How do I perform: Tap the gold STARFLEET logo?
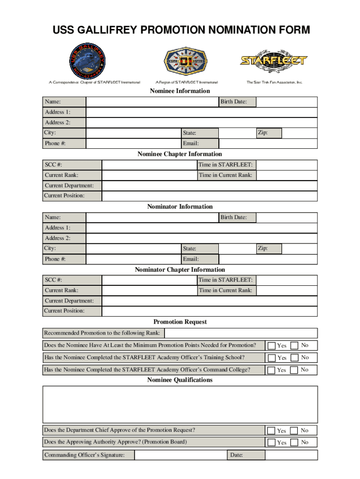point(274,60)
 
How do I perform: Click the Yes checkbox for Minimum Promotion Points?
point(271,346)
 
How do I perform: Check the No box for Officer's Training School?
point(295,358)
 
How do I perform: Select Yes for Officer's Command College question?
point(271,370)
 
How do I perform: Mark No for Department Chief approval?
point(295,430)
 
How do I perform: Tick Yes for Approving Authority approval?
point(271,443)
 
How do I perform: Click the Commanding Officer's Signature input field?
point(180,455)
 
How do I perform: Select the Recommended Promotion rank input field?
point(241,333)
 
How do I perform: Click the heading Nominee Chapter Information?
point(180,154)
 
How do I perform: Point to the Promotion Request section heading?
point(180,322)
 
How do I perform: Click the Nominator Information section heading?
point(180,206)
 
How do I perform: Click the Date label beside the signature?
point(236,455)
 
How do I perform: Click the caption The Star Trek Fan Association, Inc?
point(274,82)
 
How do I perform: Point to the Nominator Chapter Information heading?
point(180,269)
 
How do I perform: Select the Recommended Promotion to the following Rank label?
point(102,333)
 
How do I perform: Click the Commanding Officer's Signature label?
point(84,455)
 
